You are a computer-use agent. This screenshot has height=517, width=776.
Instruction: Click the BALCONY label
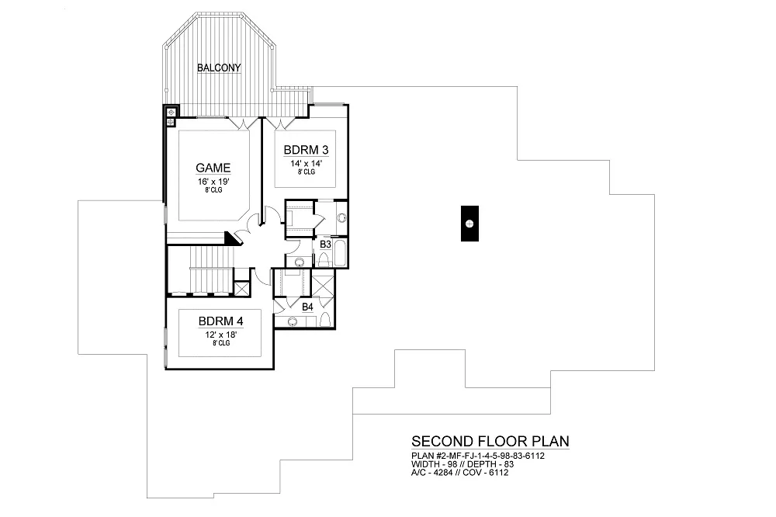pyautogui.click(x=218, y=68)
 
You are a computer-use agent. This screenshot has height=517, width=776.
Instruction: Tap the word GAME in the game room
pyautogui.click(x=212, y=168)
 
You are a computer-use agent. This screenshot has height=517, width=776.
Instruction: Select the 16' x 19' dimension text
pyautogui.click(x=212, y=181)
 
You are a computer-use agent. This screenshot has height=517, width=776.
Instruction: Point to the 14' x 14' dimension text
pyautogui.click(x=305, y=163)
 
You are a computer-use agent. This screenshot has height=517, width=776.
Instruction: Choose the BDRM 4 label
pyautogui.click(x=219, y=321)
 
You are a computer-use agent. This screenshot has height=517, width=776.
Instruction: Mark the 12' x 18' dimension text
pyautogui.click(x=219, y=335)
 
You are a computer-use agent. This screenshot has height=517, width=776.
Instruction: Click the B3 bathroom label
pyautogui.click(x=326, y=244)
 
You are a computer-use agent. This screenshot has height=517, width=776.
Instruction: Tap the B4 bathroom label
pyautogui.click(x=307, y=307)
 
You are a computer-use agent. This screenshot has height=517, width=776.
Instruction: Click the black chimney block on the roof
pyautogui.click(x=469, y=224)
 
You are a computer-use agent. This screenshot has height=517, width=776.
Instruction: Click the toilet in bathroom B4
pyautogui.click(x=326, y=321)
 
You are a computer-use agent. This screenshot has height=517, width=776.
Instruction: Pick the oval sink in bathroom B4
pyautogui.click(x=293, y=321)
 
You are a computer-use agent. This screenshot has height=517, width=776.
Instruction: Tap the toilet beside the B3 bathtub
pyautogui.click(x=299, y=261)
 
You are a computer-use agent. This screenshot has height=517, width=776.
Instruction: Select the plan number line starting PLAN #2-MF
pyautogui.click(x=477, y=456)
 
